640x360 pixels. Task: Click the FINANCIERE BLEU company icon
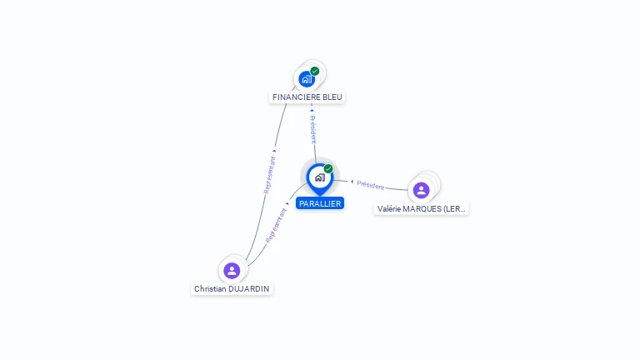[307, 79]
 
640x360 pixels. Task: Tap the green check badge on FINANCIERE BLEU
[315, 71]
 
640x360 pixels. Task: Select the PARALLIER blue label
[320, 203]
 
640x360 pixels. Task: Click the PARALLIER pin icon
[319, 177]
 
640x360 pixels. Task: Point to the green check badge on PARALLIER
[328, 168]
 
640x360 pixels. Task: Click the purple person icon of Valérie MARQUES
[422, 190]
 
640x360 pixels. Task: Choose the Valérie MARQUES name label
[422, 208]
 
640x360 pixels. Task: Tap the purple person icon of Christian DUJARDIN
[232, 271]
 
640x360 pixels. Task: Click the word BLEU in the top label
[332, 97]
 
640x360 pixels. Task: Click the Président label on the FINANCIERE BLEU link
[313, 130]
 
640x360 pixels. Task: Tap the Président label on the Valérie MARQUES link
[371, 185]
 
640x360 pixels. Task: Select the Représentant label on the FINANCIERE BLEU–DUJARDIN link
[269, 175]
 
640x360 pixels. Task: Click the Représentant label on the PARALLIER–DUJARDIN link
[276, 225]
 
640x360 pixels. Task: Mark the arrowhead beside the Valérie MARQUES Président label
[352, 181]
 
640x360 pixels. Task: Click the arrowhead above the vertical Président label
[312, 110]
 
